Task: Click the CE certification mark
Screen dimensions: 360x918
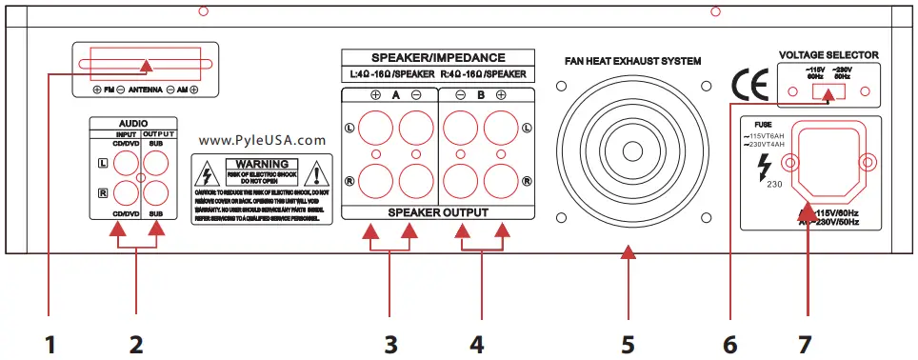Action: (x=748, y=87)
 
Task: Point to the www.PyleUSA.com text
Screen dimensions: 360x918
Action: (x=264, y=139)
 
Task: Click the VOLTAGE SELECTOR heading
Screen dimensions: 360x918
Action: (x=828, y=55)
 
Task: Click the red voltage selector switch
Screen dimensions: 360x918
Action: (x=829, y=94)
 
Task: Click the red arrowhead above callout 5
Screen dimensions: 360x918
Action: (x=628, y=253)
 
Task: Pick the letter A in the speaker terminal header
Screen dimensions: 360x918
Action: (x=394, y=95)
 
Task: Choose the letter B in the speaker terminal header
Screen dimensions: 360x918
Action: (x=480, y=95)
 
